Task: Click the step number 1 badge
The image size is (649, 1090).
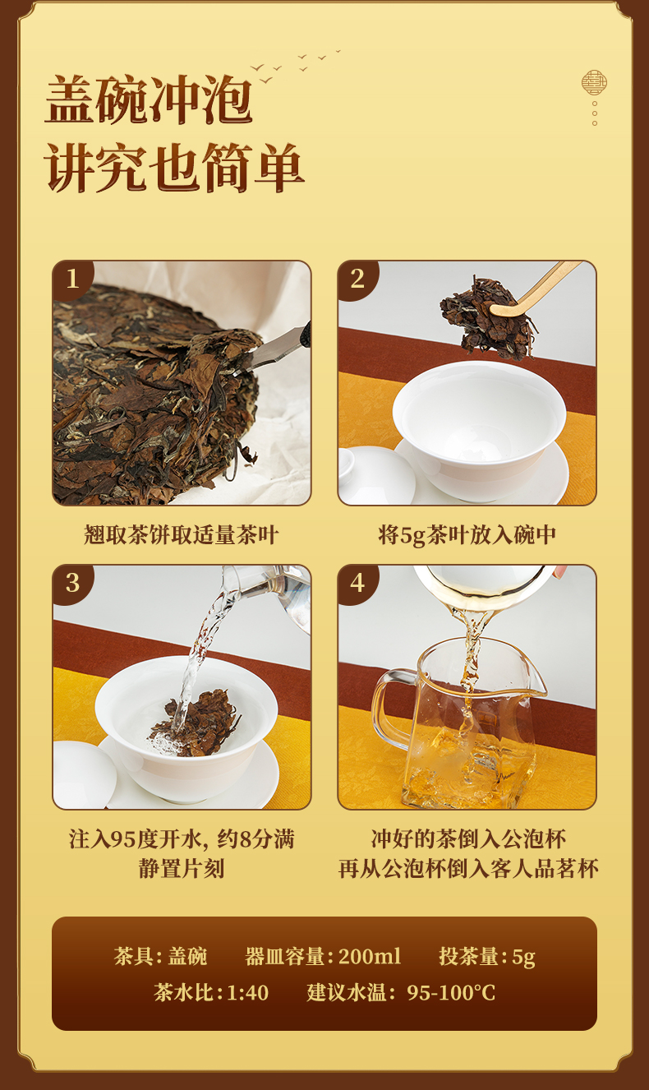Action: click(72, 279)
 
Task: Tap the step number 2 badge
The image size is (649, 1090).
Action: click(357, 279)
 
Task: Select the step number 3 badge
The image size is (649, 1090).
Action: click(72, 583)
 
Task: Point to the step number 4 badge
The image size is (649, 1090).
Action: click(357, 583)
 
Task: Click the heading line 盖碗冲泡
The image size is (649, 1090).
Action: click(149, 100)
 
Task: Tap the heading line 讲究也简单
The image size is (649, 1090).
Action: click(175, 168)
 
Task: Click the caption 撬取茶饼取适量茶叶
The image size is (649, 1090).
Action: click(182, 536)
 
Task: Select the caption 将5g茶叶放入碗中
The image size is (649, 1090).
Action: click(467, 536)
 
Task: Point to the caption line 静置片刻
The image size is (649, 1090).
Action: click(182, 869)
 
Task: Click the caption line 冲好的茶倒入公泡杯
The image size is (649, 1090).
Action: click(467, 839)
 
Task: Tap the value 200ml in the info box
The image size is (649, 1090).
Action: click(370, 957)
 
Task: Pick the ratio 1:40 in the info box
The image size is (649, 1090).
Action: click(247, 993)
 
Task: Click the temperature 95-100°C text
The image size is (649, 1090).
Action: click(451, 993)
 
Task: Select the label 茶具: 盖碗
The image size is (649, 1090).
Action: click(160, 957)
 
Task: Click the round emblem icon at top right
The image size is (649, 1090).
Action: click(594, 82)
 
